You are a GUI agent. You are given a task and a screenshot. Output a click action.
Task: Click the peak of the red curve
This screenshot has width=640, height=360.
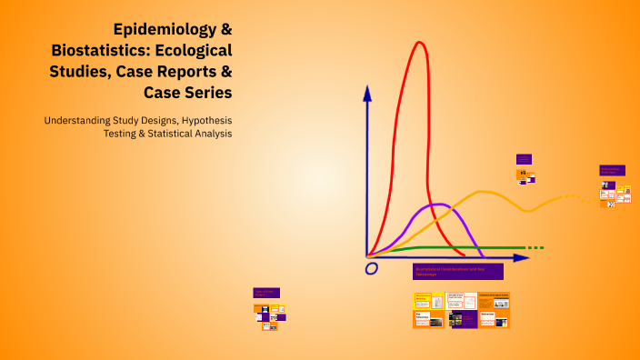pyautogui.click(x=420, y=43)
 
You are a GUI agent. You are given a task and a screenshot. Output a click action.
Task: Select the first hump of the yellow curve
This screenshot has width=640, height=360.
pyautogui.click(x=487, y=193)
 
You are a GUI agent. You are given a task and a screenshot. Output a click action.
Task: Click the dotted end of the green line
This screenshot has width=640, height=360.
pyautogui.click(x=536, y=247)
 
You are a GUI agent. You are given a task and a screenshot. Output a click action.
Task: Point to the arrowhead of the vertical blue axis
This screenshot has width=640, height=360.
pyautogui.click(x=367, y=92)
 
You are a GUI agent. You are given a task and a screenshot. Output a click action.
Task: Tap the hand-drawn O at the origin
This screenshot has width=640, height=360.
pyautogui.click(x=371, y=268)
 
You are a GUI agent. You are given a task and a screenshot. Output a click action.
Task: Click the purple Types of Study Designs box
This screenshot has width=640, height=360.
pyautogui.click(x=266, y=293)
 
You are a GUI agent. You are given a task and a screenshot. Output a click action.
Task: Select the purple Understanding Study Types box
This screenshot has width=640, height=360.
pyautogui.click(x=612, y=170)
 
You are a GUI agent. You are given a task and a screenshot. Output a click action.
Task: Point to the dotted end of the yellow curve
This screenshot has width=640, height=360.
pyautogui.click(x=573, y=196)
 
